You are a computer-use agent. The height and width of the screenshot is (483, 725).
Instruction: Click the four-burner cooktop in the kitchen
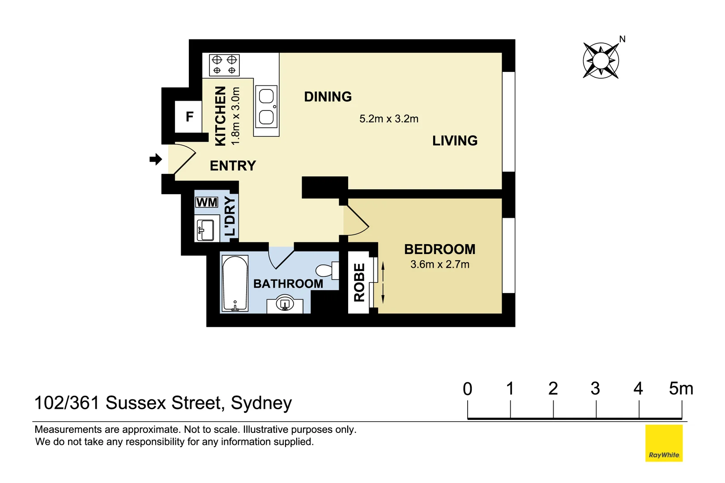[x=224, y=65]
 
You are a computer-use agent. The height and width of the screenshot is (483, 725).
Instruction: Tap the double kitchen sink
[x=266, y=107]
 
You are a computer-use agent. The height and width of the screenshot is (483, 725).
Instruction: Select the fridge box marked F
[x=189, y=117]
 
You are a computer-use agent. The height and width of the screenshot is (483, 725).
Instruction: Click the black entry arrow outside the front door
[x=155, y=159]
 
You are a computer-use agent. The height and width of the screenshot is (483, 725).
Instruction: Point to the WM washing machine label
[x=206, y=203]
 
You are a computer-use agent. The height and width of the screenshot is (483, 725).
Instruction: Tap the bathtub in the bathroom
[x=235, y=284]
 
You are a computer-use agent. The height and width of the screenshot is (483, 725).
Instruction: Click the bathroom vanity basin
[x=285, y=305]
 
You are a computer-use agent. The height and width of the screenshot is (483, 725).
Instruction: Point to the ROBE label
[x=359, y=282]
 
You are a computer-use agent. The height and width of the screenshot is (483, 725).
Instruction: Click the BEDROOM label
[x=439, y=249]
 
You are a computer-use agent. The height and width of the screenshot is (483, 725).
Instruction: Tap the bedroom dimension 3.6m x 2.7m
[x=439, y=264]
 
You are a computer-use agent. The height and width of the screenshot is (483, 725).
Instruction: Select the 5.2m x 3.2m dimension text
[x=388, y=119]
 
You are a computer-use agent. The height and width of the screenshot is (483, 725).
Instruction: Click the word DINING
[x=328, y=97]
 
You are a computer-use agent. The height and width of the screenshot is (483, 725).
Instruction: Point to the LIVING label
[x=455, y=141]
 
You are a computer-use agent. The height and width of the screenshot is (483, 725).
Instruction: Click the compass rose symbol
[x=601, y=60]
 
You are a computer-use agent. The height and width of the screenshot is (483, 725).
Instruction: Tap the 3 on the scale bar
[x=595, y=389]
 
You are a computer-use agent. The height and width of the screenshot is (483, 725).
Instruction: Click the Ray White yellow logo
[x=664, y=443]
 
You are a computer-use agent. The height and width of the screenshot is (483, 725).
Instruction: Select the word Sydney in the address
[x=261, y=403]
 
